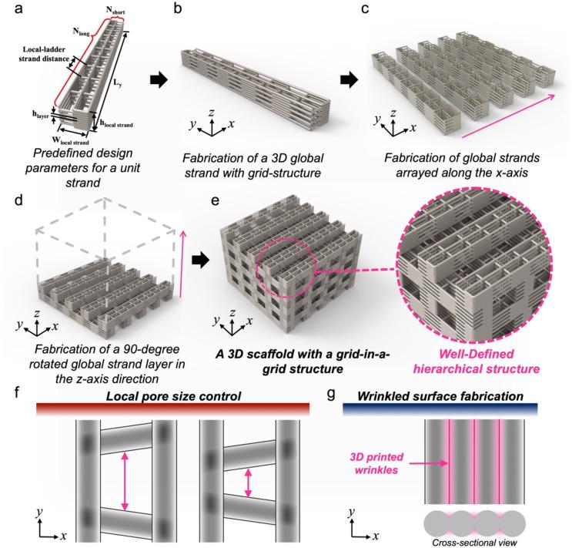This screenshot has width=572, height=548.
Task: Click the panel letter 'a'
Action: [x=7, y=8]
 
